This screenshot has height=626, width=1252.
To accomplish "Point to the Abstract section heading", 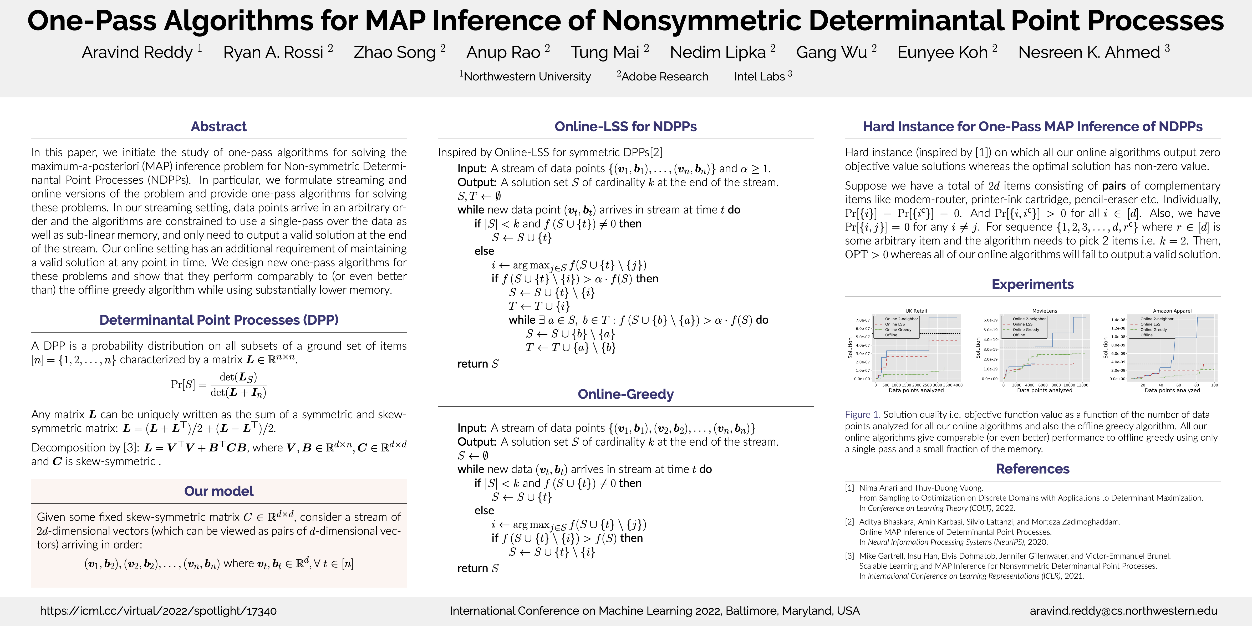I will [219, 126].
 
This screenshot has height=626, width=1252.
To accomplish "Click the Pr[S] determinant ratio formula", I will [219, 384].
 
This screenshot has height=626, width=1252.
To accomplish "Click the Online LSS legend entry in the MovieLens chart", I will [1022, 324].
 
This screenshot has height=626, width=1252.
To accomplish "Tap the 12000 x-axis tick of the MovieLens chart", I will [1082, 385].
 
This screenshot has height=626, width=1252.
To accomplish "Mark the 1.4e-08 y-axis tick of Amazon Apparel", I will [1118, 320].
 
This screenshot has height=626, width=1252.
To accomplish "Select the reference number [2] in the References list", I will [849, 522].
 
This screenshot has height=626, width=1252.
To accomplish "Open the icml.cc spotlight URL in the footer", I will [159, 611].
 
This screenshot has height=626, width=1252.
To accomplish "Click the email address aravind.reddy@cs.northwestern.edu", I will [1123, 611].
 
